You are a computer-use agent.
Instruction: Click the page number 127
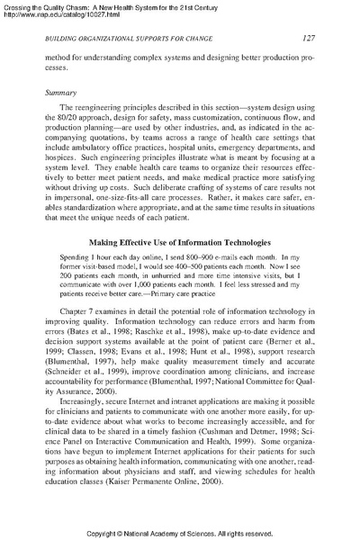point(307,37)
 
